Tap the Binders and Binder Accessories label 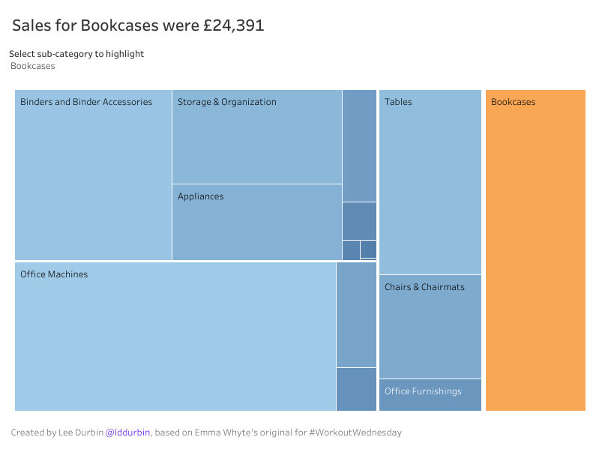[86, 102]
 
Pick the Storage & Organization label [227, 102]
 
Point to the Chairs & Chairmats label [424, 287]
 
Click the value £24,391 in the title [233, 25]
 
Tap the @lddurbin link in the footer [127, 433]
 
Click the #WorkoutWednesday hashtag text [355, 433]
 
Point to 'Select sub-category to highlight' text [76, 54]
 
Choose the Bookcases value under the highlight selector [33, 66]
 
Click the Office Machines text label [54, 274]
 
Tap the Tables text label [398, 102]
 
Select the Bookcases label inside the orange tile [514, 102]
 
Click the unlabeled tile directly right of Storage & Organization [359, 145]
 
